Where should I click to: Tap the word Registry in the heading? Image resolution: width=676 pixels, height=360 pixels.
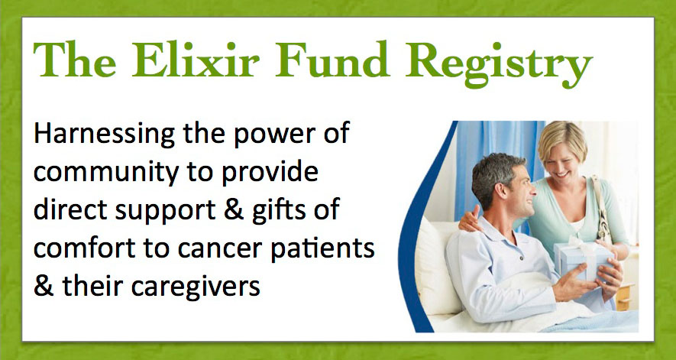tap(500, 64)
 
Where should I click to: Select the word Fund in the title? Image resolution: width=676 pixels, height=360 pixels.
tap(332, 60)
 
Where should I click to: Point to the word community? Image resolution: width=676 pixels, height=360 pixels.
tap(106, 173)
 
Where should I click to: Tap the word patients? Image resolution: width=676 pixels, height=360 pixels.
tap(322, 248)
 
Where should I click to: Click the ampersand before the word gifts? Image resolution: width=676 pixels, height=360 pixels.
tap(234, 209)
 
